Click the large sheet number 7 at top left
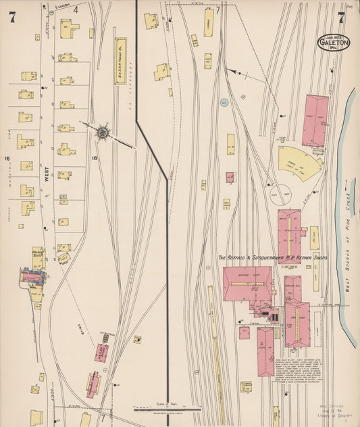(12, 18)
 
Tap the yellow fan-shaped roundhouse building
(300, 162)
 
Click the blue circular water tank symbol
(226, 103)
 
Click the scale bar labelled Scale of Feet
(166, 408)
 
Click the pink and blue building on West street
(32, 276)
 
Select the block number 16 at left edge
(7, 159)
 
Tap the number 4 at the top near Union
(76, 9)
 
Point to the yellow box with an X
(35, 390)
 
